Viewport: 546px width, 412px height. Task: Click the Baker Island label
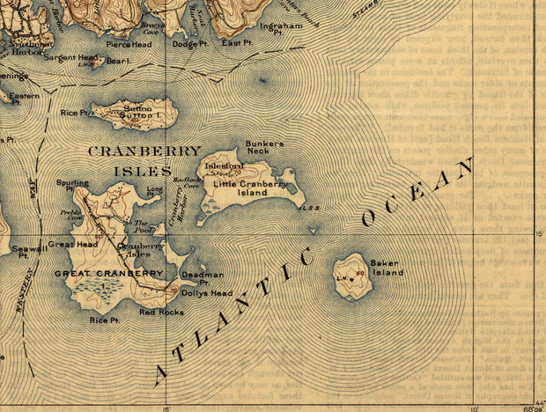(386, 268)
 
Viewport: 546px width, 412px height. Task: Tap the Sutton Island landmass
(136, 113)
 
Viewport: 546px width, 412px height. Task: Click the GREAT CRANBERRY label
(108, 274)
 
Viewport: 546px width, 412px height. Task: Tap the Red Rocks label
(160, 312)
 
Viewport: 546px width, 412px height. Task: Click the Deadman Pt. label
(202, 278)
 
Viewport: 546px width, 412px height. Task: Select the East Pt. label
(237, 42)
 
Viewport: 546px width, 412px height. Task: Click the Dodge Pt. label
(188, 43)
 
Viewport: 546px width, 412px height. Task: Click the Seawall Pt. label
(26, 253)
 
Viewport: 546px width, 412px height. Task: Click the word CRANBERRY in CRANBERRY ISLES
(144, 151)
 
